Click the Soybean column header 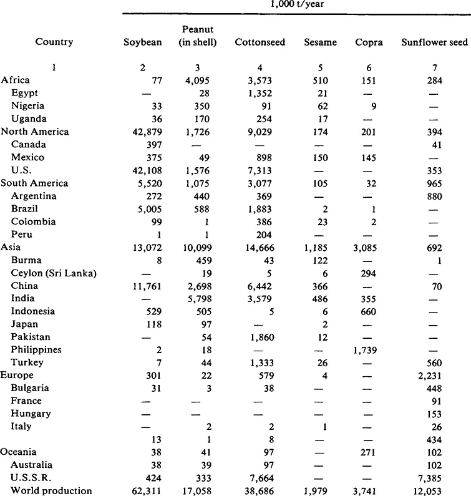tap(143, 42)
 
